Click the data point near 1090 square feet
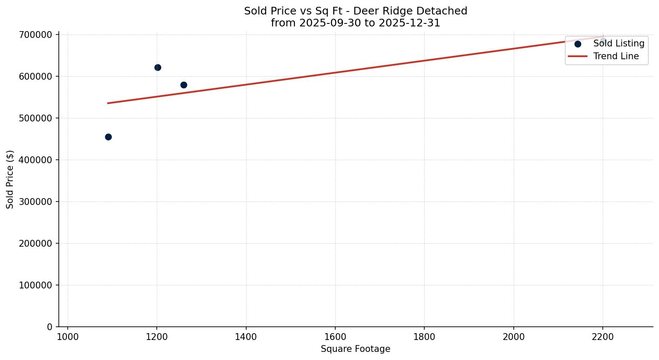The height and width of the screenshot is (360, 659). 108,137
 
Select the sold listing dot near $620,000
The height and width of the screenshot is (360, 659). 158,67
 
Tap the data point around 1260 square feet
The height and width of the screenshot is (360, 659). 184,85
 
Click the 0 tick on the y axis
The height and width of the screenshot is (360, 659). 49,327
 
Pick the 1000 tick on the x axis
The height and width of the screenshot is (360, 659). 67,337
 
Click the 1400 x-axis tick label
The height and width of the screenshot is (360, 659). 246,337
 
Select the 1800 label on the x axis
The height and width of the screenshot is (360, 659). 424,337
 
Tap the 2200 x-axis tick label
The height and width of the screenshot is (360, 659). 602,337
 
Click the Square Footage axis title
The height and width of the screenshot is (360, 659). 355,349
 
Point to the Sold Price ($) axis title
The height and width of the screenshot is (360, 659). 10,179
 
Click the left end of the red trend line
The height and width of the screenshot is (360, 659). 108,103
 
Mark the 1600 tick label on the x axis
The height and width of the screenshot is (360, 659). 335,337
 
